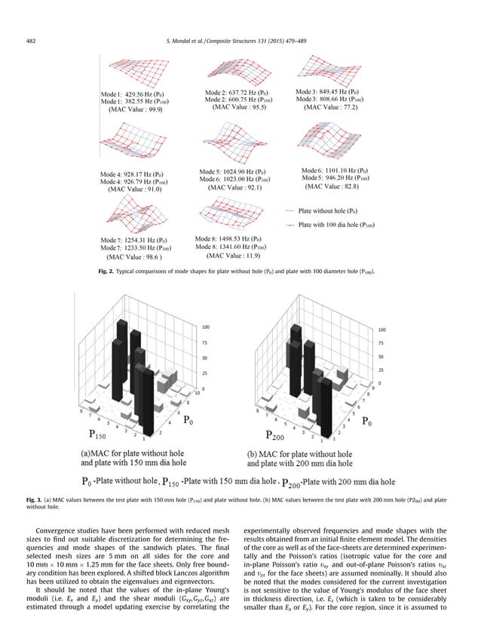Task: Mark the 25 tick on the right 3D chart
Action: point(381,370)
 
